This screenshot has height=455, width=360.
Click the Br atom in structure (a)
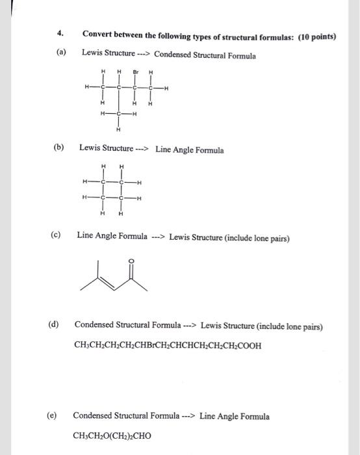click(x=136, y=72)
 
